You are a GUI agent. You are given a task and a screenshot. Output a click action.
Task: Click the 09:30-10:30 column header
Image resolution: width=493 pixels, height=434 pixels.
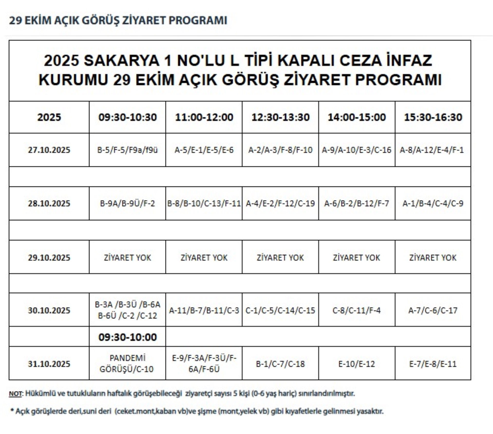click(127, 117)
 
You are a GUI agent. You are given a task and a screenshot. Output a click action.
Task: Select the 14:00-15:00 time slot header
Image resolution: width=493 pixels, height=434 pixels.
click(357, 117)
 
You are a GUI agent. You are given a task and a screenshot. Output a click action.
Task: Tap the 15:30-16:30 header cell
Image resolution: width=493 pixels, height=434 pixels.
click(433, 117)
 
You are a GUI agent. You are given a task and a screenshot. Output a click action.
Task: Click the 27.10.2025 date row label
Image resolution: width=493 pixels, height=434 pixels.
click(49, 150)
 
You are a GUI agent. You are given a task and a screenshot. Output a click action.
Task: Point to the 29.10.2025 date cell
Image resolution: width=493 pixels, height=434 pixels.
click(49, 257)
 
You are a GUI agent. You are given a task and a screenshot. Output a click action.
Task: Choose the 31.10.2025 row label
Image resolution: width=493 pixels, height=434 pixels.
click(49, 364)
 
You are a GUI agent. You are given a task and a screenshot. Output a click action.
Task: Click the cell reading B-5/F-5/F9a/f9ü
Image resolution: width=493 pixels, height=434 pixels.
click(127, 150)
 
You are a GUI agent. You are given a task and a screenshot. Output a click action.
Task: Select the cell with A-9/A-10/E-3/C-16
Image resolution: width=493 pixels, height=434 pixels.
click(357, 150)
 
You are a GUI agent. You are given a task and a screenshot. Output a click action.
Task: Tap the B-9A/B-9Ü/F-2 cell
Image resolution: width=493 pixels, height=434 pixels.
click(127, 204)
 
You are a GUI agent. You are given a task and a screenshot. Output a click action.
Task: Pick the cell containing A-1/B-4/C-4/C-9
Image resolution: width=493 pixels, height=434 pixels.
click(433, 204)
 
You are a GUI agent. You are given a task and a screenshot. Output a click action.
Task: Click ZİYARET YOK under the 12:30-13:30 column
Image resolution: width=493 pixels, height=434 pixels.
click(280, 257)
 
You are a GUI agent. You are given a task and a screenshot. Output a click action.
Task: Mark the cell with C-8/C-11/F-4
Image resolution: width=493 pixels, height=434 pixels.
click(357, 310)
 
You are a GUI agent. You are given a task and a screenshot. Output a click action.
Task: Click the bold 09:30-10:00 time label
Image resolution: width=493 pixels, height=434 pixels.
click(127, 337)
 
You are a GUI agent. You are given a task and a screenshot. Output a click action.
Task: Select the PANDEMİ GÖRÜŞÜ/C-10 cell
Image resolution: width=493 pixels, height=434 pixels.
click(127, 364)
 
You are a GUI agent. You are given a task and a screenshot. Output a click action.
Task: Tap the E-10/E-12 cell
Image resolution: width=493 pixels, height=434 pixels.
click(357, 364)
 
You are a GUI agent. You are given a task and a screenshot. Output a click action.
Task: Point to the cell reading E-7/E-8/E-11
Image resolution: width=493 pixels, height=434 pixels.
click(433, 364)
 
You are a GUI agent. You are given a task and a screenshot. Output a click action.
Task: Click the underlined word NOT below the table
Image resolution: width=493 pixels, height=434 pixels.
click(15, 394)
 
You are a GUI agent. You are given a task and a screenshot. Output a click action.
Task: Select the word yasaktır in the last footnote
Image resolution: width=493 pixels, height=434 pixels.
click(371, 411)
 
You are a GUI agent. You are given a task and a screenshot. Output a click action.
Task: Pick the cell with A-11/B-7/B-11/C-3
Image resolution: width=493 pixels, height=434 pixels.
click(204, 310)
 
